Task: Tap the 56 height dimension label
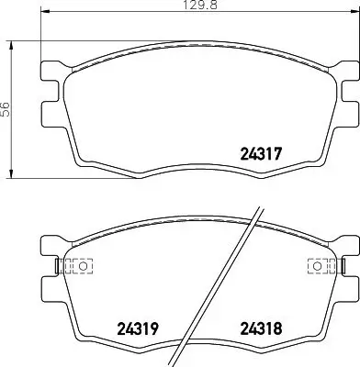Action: click(x=5, y=108)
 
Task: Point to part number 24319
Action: click(x=136, y=327)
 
